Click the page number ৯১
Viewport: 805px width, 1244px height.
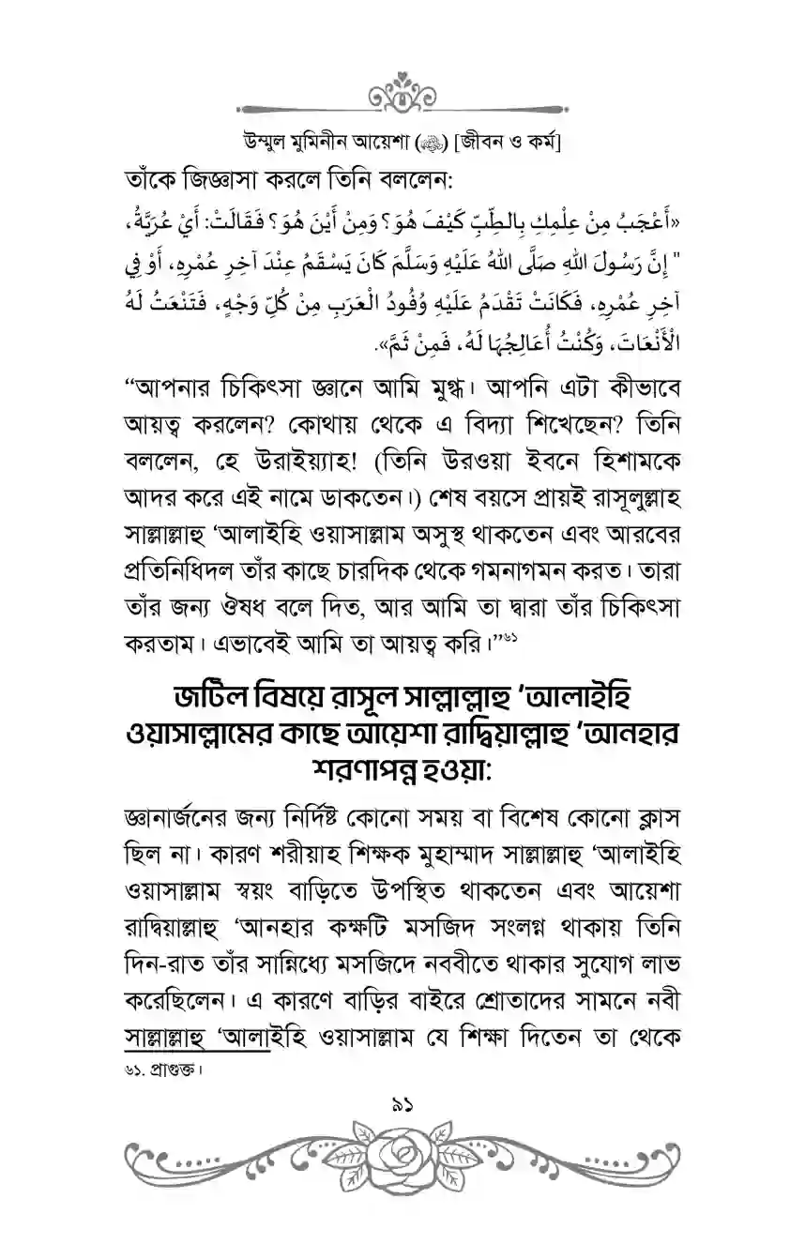[402, 1110]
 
